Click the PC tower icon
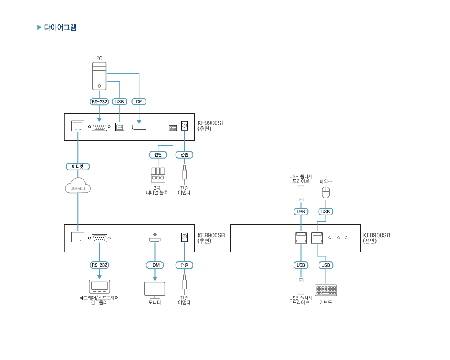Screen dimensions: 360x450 99,76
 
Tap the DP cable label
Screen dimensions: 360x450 139,102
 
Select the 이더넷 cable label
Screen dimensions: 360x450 78,167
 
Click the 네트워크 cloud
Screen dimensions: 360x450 78,188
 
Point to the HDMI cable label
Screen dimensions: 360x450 155,265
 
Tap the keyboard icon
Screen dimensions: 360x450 326,290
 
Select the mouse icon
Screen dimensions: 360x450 326,192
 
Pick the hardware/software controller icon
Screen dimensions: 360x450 99,287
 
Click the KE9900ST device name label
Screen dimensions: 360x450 210,123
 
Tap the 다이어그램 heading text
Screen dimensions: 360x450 60,28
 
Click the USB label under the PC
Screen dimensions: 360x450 119,102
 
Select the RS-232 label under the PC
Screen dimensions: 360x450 99,102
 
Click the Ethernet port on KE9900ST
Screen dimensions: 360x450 78,126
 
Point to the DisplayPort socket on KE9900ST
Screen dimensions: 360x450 139,127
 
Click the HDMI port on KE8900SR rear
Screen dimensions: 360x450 155,239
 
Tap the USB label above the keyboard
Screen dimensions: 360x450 326,265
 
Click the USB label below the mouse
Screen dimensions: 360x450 326,212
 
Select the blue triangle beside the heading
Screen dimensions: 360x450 39,28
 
